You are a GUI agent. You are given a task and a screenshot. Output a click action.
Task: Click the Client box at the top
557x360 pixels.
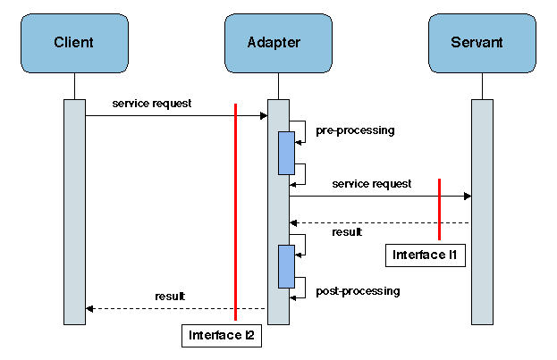[x=74, y=42]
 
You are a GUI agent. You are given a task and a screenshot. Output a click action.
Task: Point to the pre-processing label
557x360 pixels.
[x=355, y=130]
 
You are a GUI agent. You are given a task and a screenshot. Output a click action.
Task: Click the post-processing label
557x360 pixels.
[x=358, y=291]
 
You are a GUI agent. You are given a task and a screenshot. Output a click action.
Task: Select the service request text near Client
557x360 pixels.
[x=152, y=104]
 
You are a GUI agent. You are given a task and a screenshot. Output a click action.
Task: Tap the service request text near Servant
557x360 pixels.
[x=372, y=184]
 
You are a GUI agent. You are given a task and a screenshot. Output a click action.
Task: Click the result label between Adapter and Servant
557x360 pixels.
[x=347, y=232]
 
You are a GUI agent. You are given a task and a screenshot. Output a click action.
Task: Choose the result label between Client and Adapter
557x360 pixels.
[x=170, y=296]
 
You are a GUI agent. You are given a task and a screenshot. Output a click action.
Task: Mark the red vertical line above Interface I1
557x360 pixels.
[x=439, y=209]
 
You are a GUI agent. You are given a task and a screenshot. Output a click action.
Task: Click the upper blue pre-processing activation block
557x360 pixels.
[x=286, y=153]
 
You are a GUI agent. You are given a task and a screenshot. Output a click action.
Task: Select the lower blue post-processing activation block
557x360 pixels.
[x=286, y=266]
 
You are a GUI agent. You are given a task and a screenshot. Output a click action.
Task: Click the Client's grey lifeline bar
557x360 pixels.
[x=74, y=211]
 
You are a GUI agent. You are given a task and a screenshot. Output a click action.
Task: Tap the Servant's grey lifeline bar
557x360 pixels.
[x=482, y=211]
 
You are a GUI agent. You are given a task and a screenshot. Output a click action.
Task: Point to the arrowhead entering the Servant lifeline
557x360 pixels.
[x=467, y=196]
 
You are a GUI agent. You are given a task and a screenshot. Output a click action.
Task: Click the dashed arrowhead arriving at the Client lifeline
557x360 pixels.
[x=89, y=308]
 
